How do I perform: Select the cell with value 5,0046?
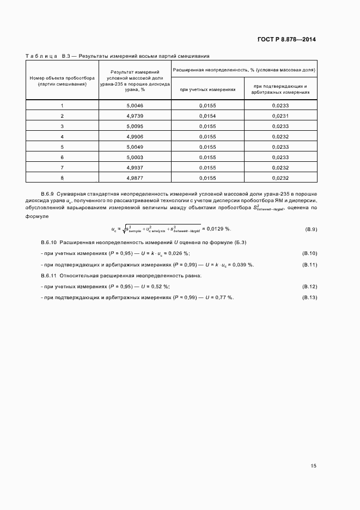pyautogui.click(x=135, y=105)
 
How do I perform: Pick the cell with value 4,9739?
pyautogui.click(x=135, y=116)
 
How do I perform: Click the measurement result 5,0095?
pyautogui.click(x=135, y=126)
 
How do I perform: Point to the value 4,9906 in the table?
pyautogui.click(x=135, y=136)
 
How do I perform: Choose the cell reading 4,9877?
pyautogui.click(x=135, y=178)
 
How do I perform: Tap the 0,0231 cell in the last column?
pyautogui.click(x=280, y=116)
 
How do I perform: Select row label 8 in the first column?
pyautogui.click(x=62, y=178)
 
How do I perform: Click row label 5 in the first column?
pyautogui.click(x=62, y=147)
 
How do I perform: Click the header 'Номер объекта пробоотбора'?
pyautogui.click(x=62, y=78)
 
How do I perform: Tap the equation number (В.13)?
pyautogui.click(x=309, y=297)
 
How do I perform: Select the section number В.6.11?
pyautogui.click(x=48, y=276)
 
